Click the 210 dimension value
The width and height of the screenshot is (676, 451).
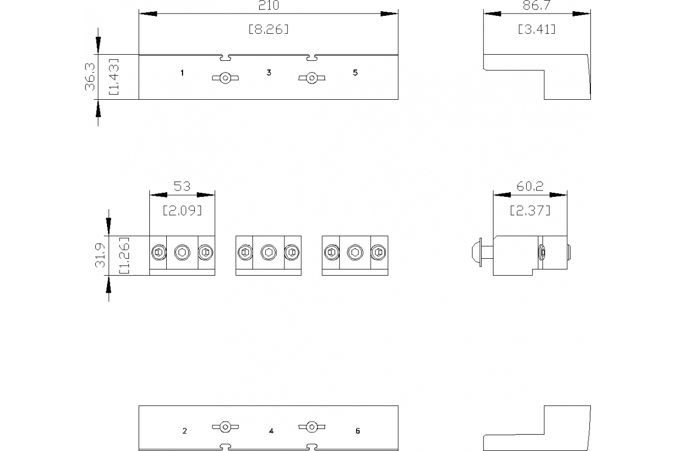coord(269,6)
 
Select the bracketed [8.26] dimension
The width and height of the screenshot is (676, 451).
coord(269,29)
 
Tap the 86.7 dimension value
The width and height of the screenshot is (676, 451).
coord(536,6)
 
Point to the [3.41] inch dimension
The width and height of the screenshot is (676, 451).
coord(536,29)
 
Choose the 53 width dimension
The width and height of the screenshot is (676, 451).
coord(182,186)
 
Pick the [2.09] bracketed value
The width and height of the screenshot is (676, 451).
coord(182,211)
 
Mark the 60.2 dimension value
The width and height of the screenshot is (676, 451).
coord(530,186)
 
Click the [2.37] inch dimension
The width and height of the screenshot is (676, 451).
coord(530,211)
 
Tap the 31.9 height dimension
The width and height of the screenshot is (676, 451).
coord(100,255)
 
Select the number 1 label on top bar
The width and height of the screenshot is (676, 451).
coord(182,73)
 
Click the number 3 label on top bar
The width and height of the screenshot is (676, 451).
coord(269,73)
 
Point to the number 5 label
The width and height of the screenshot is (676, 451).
coord(355,73)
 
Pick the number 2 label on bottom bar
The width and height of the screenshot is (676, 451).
coord(185,431)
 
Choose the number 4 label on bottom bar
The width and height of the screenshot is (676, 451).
coord(271,431)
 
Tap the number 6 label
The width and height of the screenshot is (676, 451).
coord(358,431)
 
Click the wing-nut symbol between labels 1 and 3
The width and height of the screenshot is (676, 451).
coord(225,78)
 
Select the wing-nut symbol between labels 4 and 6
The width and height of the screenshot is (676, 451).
coord(311,427)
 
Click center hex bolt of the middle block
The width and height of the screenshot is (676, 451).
coord(268,252)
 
